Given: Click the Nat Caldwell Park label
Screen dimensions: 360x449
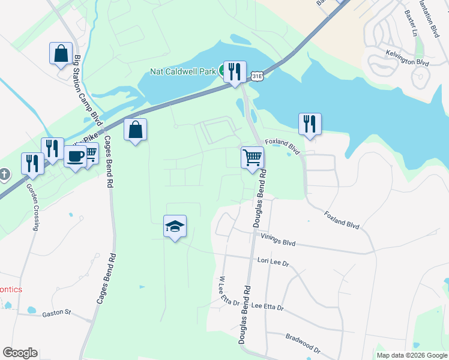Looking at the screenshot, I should coord(182,71).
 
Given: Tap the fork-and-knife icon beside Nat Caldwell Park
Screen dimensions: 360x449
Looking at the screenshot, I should coord(233,71).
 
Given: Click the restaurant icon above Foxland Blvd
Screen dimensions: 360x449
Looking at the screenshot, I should coord(310,124).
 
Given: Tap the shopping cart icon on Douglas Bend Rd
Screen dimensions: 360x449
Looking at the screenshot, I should coord(252,158).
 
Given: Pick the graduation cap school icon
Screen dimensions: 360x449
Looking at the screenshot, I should coord(175,226).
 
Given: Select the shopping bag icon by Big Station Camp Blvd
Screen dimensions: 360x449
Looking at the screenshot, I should coord(61,53).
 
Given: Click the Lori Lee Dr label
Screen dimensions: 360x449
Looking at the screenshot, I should coord(273,262).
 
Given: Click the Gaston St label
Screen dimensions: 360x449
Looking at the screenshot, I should coord(56,313).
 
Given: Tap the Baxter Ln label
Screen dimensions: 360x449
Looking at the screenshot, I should coord(411,22).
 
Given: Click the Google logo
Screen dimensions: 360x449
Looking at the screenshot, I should coord(20,353).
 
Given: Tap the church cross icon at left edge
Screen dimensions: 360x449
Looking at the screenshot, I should coord(5,175).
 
